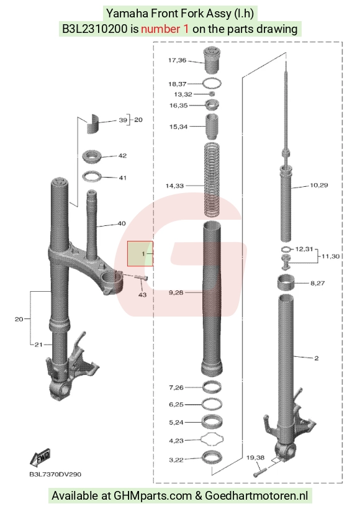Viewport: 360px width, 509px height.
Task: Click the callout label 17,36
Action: [178, 60]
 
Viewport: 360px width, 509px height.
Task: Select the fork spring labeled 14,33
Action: [212, 179]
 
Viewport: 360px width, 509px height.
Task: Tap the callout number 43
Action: [143, 295]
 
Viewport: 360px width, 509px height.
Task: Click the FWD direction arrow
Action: [40, 457]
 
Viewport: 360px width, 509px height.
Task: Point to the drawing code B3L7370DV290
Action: [55, 474]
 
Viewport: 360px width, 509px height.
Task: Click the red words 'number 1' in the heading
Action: [164, 29]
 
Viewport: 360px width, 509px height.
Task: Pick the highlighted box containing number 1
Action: [140, 253]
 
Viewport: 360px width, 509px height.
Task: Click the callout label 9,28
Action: [176, 292]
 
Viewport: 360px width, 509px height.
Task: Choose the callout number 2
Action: [317, 358]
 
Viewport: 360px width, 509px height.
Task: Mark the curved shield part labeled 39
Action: [94, 124]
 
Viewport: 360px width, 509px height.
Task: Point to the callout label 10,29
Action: [319, 185]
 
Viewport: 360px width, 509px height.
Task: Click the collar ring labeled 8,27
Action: [286, 282]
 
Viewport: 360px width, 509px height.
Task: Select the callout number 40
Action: [122, 223]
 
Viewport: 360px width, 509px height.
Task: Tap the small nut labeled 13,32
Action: [212, 94]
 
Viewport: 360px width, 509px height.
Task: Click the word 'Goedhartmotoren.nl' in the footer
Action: [256, 496]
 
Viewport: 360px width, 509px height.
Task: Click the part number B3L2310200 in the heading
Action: [95, 29]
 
